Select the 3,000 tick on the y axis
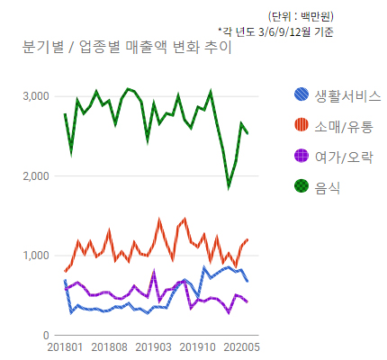pyautogui.click(x=36, y=96)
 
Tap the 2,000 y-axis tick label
pyautogui.click(x=36, y=176)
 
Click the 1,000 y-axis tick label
pyautogui.click(x=36, y=256)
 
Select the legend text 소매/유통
pyautogui.click(x=341, y=126)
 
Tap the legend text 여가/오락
pyautogui.click(x=341, y=157)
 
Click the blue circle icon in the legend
pyautogui.click(x=302, y=94)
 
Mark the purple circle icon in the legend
pyautogui.click(x=302, y=156)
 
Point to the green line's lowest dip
pyautogui.click(x=229, y=186)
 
